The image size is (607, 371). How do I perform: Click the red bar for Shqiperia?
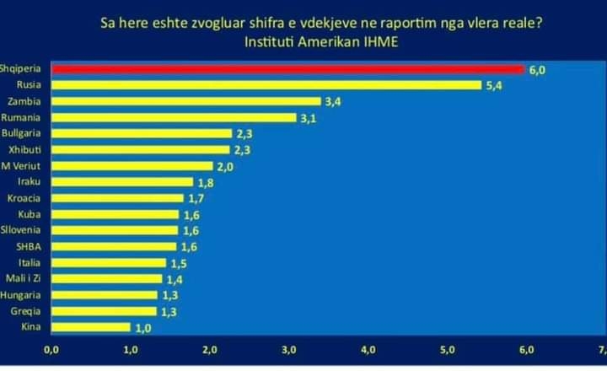pos(288,69)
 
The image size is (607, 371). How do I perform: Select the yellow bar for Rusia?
pos(266,85)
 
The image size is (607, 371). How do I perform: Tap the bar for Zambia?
pos(186,101)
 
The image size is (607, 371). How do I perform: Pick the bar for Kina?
pos(91,327)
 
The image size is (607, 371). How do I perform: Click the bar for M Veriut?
pos(132,166)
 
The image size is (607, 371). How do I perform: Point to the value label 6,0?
pos(537,71)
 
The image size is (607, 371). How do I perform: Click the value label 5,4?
pos(494,86)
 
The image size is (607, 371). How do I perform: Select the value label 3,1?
pos(309,119)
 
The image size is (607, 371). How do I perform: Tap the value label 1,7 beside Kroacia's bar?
pos(196,199)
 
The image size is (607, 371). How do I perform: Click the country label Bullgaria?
pos(21,133)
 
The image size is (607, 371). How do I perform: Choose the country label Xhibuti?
pos(24,149)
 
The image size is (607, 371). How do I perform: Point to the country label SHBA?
pos(29,246)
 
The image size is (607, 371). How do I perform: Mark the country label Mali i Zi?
pos(24,278)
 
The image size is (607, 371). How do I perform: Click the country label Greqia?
pos(25,311)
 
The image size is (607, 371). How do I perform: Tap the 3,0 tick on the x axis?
pos(289,350)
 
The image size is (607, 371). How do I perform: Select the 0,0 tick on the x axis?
pos(51,350)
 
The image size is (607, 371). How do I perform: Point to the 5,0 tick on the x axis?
pos(447,350)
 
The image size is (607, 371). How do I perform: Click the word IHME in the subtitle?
pos(381,42)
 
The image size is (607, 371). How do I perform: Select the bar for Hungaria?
pos(105,295)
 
